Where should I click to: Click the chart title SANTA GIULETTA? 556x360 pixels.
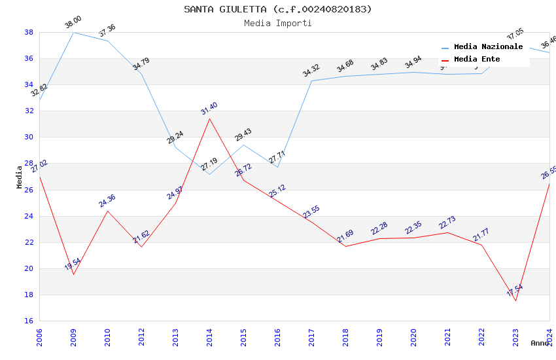tap(277, 9)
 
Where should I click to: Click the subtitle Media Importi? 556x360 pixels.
tap(277, 23)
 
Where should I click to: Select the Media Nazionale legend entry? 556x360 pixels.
tap(488, 47)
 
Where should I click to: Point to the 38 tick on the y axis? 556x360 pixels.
tap(29, 32)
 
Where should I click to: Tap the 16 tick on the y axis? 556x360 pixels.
tap(29, 321)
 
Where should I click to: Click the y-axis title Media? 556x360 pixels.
tap(20, 177)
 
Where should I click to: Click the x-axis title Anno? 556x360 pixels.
tap(540, 343)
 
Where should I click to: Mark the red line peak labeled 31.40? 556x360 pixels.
tap(209, 118)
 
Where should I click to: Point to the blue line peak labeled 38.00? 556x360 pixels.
tap(73, 32)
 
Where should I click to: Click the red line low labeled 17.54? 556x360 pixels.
tap(515, 300)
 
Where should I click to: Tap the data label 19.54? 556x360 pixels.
tap(73, 264)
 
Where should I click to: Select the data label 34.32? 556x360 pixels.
tap(311, 71)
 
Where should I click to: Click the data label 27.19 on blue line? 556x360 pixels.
tap(209, 164)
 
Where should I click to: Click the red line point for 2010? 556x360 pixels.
tap(107, 211)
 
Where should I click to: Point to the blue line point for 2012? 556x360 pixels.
tap(141, 74)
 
